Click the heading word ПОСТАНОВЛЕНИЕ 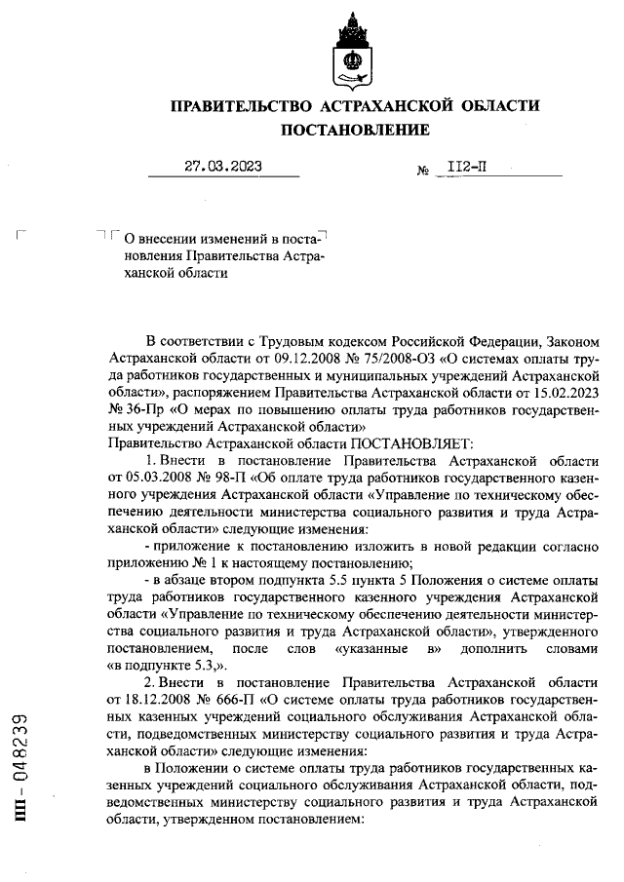pyautogui.click(x=355, y=130)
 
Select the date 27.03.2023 pyautogui.click(x=223, y=166)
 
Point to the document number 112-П pyautogui.click(x=466, y=167)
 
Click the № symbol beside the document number pyautogui.click(x=423, y=170)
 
